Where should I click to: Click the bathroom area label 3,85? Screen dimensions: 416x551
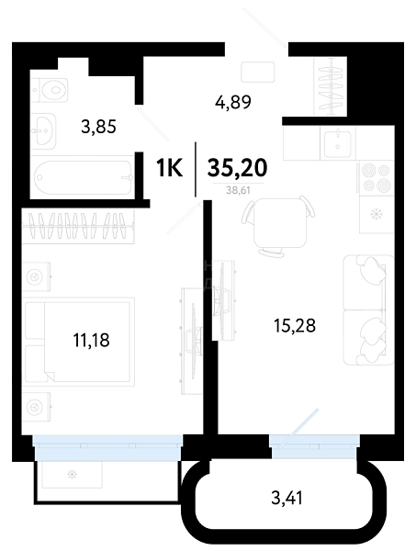click(x=98, y=127)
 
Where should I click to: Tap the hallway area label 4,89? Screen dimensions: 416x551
click(x=233, y=102)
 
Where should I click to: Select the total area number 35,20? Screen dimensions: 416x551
click(x=237, y=168)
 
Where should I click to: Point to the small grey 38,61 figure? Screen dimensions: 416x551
click(x=238, y=190)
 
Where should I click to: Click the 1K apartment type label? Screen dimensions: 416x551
click(x=169, y=168)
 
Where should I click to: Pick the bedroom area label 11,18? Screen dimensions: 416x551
click(x=91, y=340)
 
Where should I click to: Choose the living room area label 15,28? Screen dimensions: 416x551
click(x=295, y=325)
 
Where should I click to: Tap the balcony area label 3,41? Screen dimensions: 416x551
click(x=287, y=498)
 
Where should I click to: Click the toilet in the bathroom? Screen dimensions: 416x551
click(x=50, y=90)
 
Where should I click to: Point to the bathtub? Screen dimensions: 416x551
click(x=83, y=177)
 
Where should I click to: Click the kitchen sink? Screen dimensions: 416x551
click(x=338, y=143)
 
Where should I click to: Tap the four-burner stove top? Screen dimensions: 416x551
click(x=376, y=178)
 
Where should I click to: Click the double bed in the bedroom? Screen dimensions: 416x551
click(x=79, y=342)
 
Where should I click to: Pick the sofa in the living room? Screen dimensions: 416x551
click(x=368, y=310)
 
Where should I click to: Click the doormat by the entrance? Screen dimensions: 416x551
click(x=257, y=72)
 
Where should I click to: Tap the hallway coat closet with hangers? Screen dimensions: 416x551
click(x=331, y=86)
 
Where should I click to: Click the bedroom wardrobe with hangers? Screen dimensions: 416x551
click(x=78, y=227)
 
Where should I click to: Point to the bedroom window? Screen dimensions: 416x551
click(x=107, y=447)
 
